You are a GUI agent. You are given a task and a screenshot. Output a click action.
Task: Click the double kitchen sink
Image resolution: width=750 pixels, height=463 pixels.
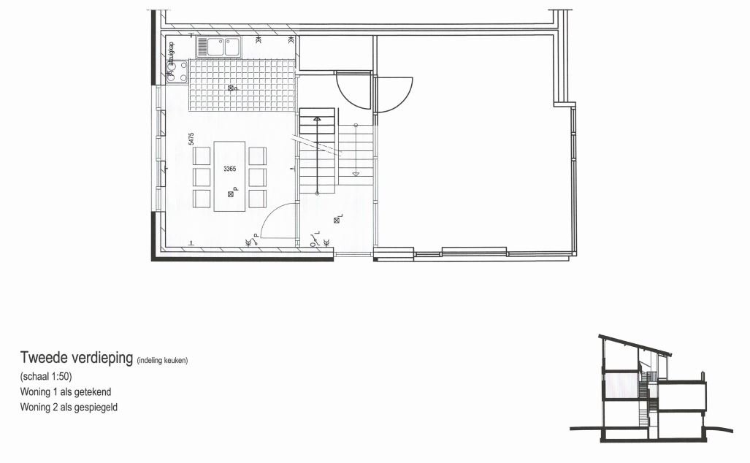click(217, 47)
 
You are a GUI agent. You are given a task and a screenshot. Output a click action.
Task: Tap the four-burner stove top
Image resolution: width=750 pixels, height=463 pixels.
click(177, 72)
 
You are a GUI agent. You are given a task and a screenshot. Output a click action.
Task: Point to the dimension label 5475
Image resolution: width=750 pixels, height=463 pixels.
click(191, 139)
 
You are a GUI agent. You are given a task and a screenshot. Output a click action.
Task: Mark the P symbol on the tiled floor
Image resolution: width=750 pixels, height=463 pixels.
click(233, 88)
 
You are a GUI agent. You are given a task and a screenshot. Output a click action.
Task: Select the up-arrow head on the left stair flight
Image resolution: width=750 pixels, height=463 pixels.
click(317, 118)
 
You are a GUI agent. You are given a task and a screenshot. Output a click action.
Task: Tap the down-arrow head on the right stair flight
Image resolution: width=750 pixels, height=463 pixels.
click(356, 174)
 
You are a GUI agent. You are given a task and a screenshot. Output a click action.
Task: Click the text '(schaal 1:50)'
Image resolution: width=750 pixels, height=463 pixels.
click(45, 378)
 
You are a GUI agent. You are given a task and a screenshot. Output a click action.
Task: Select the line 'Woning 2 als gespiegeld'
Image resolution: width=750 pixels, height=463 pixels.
click(69, 407)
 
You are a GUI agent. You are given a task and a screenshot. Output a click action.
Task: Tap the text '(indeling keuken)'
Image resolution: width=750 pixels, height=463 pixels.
click(162, 360)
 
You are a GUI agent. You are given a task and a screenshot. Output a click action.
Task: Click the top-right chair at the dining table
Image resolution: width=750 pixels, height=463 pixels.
click(257, 156)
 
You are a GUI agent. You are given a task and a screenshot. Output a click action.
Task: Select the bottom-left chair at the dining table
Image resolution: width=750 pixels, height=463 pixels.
click(202, 199)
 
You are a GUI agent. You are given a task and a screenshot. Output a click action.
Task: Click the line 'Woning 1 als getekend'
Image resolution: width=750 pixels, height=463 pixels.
click(66, 392)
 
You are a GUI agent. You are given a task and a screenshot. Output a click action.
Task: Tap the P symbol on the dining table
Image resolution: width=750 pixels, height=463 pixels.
click(231, 193)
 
